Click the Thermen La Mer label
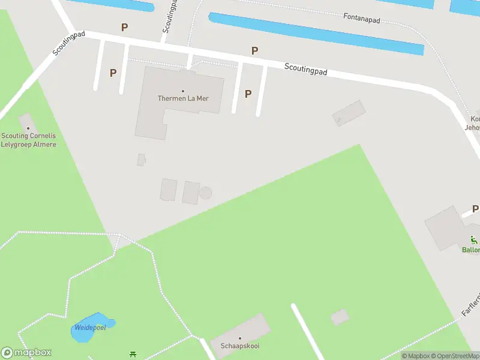(183, 98)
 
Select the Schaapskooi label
(239, 346)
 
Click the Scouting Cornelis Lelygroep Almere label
(28, 140)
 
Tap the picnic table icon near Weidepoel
(133, 355)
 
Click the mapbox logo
(26, 353)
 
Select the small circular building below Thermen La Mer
(205, 193)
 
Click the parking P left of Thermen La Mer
(113, 73)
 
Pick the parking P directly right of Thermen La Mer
(248, 94)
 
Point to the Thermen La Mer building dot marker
(183, 91)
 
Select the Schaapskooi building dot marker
(239, 338)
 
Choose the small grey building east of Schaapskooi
(340, 317)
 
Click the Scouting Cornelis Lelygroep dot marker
(28, 128)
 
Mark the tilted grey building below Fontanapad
(349, 113)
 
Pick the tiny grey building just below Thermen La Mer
(141, 160)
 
